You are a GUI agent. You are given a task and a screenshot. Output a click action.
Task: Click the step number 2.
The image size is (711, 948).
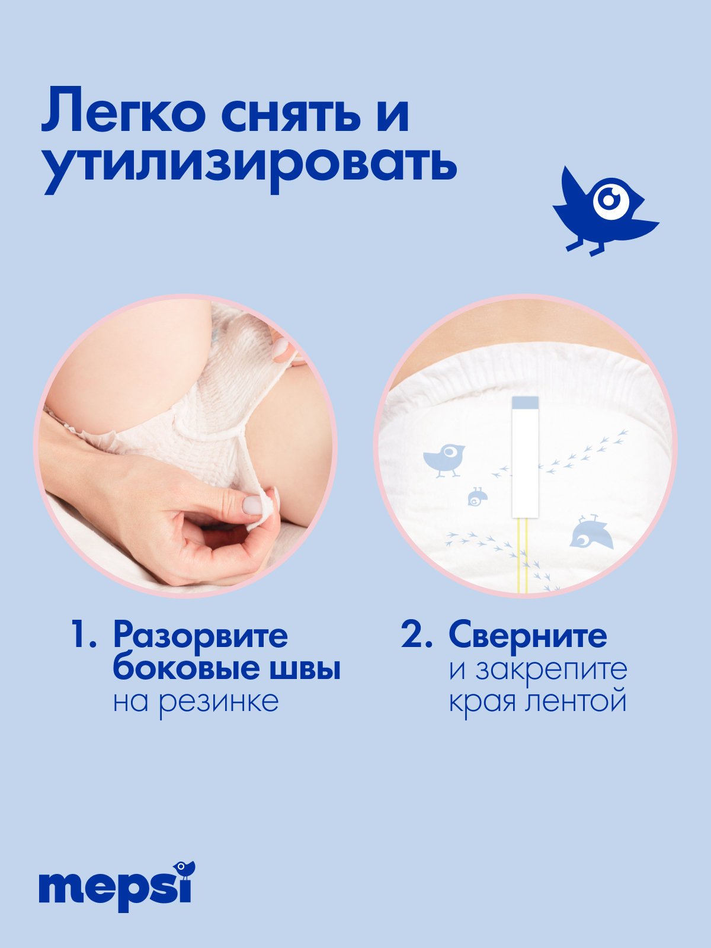tap(416, 635)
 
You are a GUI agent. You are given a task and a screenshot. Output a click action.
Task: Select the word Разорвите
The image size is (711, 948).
tap(200, 636)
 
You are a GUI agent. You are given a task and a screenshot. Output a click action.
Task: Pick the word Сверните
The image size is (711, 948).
tap(527, 636)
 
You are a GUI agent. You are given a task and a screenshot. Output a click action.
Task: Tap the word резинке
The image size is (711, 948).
tap(218, 702)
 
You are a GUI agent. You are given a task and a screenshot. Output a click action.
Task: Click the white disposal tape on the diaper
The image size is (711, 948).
tap(525, 462)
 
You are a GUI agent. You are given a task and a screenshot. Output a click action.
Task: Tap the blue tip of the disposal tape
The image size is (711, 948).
tap(525, 403)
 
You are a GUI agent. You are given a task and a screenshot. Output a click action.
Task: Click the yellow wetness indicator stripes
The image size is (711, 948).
tap(523, 554)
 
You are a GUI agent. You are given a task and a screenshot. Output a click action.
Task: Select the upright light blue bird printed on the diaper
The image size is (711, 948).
tap(444, 460)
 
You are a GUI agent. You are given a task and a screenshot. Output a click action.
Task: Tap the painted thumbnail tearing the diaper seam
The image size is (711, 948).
tap(252, 505)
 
